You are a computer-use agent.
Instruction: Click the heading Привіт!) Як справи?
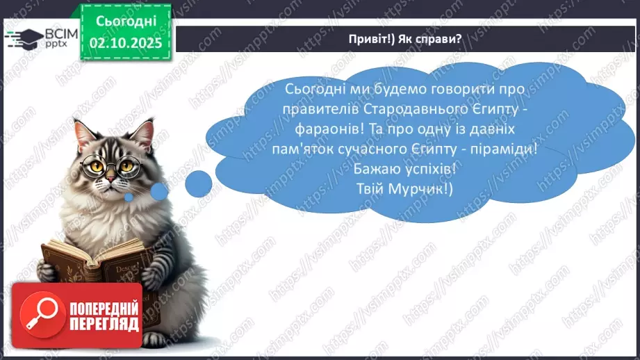point(405,39)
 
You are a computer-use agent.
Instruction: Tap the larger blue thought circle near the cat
point(200,183)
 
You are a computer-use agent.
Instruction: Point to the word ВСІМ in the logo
point(58,33)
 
